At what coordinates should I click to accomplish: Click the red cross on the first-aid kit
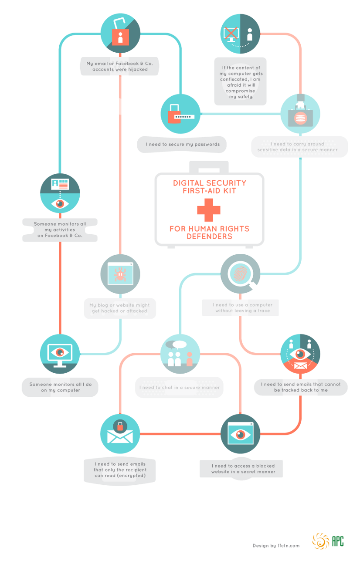click(208, 210)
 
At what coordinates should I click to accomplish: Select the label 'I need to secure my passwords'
click(183, 144)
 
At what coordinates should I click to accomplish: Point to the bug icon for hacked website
click(120, 274)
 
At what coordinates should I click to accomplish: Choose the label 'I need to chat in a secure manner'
click(179, 387)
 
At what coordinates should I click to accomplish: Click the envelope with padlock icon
click(120, 434)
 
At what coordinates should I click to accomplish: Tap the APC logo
click(328, 541)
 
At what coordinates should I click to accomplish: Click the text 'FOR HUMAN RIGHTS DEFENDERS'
click(209, 233)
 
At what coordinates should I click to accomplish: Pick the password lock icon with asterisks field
click(180, 114)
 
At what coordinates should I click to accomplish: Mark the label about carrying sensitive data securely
click(299, 147)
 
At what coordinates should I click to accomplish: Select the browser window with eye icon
click(240, 434)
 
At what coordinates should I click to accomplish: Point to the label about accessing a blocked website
click(243, 469)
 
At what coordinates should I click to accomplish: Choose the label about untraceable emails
click(300, 387)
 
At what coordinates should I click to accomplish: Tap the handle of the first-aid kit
click(209, 166)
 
